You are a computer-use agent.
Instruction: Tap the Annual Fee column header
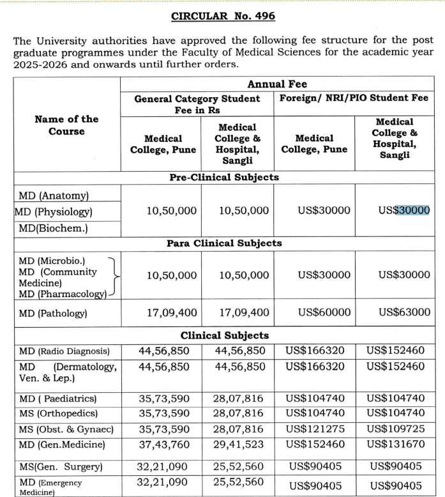[277, 84]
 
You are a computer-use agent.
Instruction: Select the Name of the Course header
[66, 125]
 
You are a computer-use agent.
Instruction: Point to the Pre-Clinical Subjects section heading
[224, 177]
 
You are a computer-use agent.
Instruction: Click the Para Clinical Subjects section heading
[224, 243]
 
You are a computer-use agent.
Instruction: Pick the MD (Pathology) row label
[53, 314]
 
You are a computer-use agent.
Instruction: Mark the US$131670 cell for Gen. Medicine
[397, 443]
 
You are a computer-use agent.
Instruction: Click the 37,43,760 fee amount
[163, 443]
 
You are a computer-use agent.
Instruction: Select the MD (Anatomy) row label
[54, 195]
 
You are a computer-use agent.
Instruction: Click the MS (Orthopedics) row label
[58, 413]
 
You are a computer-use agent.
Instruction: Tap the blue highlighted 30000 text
[412, 210]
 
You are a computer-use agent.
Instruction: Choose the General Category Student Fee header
[197, 104]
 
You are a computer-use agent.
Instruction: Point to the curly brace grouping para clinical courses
[115, 276]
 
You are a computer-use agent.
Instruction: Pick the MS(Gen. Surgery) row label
[61, 467]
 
